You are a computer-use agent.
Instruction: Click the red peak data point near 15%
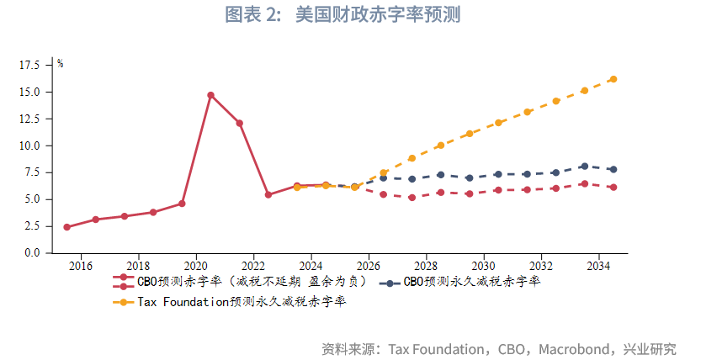tap(210, 95)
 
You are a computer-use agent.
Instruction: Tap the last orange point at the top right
tap(613, 79)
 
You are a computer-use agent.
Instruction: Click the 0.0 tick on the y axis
tap(31, 253)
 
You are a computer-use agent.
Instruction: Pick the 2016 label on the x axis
tap(81, 267)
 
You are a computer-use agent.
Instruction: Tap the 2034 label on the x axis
tap(598, 267)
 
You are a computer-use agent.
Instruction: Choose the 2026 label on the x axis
tap(369, 267)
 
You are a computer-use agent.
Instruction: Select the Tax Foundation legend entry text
tap(242, 301)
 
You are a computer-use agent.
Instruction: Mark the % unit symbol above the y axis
tap(61, 64)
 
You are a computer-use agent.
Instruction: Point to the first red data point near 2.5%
tap(66, 227)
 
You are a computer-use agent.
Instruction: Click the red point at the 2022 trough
tap(268, 195)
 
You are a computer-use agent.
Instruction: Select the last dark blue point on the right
tap(613, 169)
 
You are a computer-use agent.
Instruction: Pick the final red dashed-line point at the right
tap(613, 188)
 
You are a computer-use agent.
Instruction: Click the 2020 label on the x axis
tap(196, 267)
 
